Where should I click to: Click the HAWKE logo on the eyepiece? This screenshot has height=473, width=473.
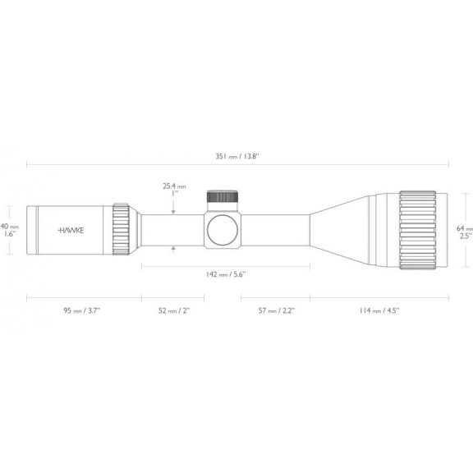(x=71, y=231)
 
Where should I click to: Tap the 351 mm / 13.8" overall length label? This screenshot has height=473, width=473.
(x=237, y=156)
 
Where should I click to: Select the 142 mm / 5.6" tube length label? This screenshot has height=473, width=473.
(x=226, y=274)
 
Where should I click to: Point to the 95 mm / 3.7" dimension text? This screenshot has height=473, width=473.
(x=81, y=310)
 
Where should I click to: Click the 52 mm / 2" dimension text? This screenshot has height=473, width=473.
(x=174, y=310)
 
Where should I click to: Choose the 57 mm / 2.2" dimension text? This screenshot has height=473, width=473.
(x=276, y=310)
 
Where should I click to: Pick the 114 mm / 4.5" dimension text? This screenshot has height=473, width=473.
(x=379, y=310)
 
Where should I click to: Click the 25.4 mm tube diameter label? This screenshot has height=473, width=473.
(x=174, y=186)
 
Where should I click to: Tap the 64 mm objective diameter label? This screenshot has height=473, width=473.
(x=465, y=228)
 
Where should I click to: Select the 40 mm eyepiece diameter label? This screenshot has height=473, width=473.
(x=9, y=227)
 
